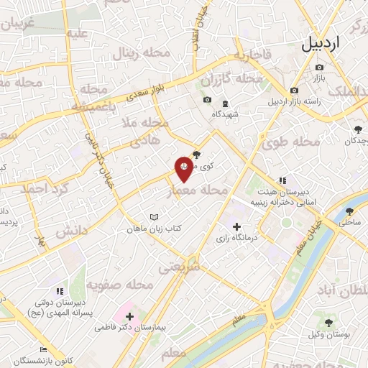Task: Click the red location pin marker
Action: coord(185,169)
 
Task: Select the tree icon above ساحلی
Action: coord(349,211)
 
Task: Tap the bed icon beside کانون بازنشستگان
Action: coord(44,349)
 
